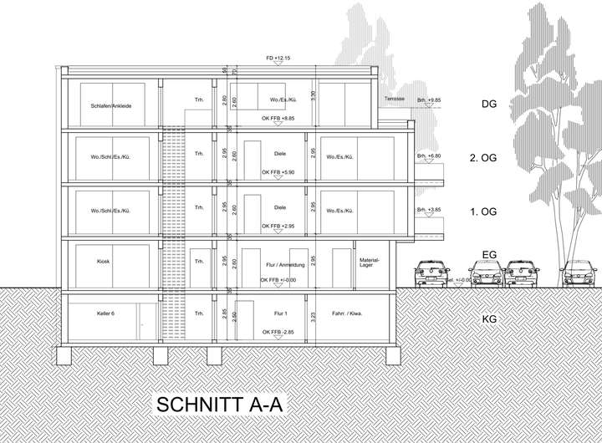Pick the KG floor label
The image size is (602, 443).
[x=490, y=319]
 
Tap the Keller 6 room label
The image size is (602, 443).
[x=100, y=313]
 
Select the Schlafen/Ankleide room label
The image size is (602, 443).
[x=107, y=106]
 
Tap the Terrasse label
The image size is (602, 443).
[x=395, y=99]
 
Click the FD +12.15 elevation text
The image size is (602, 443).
[x=277, y=59]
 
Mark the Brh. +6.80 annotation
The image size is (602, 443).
[x=427, y=155]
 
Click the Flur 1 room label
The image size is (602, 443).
[x=279, y=313]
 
